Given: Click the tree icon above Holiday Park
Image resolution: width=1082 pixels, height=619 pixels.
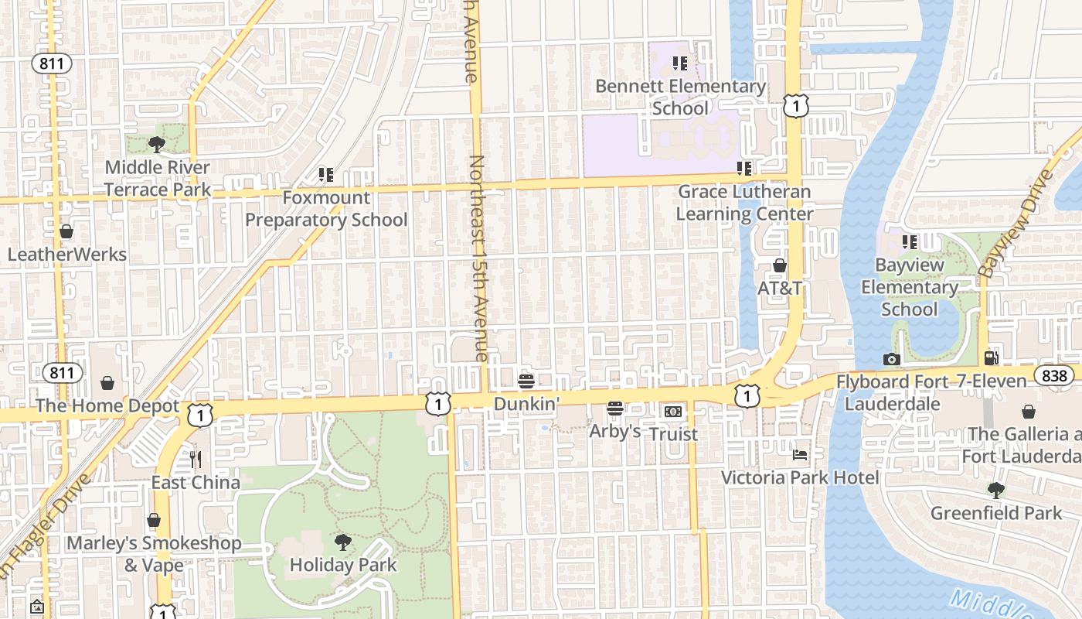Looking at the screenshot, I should (x=342, y=542).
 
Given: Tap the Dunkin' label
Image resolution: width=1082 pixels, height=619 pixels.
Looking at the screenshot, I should (x=526, y=403).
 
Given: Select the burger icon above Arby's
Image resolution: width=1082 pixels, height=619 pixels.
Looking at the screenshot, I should (x=615, y=408).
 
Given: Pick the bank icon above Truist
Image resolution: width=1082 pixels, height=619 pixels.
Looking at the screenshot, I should (x=673, y=412).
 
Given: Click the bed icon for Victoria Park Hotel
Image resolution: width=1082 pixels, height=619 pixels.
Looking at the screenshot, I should (x=800, y=455).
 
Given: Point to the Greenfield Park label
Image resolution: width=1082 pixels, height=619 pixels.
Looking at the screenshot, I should (x=996, y=513).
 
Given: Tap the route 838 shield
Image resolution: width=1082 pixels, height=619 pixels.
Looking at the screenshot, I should (x=1053, y=376).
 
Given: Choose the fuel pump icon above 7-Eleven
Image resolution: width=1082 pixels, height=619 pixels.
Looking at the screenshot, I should (x=991, y=357).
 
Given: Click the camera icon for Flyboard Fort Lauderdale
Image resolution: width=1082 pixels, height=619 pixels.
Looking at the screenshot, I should (x=891, y=359).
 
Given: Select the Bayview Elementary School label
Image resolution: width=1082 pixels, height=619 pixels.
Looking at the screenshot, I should (x=910, y=287).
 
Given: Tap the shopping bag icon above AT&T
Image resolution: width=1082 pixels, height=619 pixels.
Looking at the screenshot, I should (x=779, y=265).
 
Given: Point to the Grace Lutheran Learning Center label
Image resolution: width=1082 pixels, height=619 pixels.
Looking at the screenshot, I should (x=744, y=203).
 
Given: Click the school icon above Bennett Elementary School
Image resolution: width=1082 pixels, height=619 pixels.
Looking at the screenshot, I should (x=679, y=63).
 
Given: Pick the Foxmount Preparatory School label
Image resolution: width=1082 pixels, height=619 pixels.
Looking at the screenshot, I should (x=326, y=209).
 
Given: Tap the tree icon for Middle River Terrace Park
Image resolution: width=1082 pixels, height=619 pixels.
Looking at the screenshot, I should (x=157, y=144).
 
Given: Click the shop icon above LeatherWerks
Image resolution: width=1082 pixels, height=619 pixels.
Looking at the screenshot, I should (x=66, y=231).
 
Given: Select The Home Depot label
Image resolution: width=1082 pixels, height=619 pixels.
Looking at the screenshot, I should (x=107, y=405).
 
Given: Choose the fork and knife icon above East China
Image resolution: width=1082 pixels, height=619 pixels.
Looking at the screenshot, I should (x=196, y=460).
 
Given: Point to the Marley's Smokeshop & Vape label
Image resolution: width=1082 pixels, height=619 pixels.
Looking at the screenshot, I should (x=154, y=554).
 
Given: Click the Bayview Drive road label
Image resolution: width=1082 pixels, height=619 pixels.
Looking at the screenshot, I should (x=1015, y=223).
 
